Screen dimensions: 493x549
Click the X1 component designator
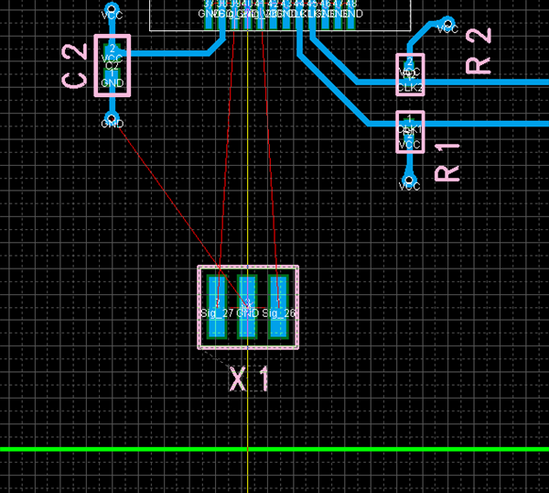[249, 378]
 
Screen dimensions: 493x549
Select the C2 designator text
[76, 65]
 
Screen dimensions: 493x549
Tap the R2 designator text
[479, 50]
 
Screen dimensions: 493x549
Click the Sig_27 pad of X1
[217, 306]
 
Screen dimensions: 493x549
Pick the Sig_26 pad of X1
[278, 306]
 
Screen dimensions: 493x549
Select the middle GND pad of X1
[247, 306]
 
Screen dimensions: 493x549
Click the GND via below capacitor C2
[112, 118]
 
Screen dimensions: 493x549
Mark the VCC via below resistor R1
[409, 180]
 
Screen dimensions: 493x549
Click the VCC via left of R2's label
[447, 23]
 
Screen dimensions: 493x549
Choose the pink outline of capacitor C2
[97, 64]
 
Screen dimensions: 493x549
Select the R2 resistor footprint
[410, 73]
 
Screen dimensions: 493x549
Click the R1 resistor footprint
[409, 131]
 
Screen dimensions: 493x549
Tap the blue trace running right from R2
[485, 83]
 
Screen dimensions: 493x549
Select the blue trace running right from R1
[485, 123]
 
